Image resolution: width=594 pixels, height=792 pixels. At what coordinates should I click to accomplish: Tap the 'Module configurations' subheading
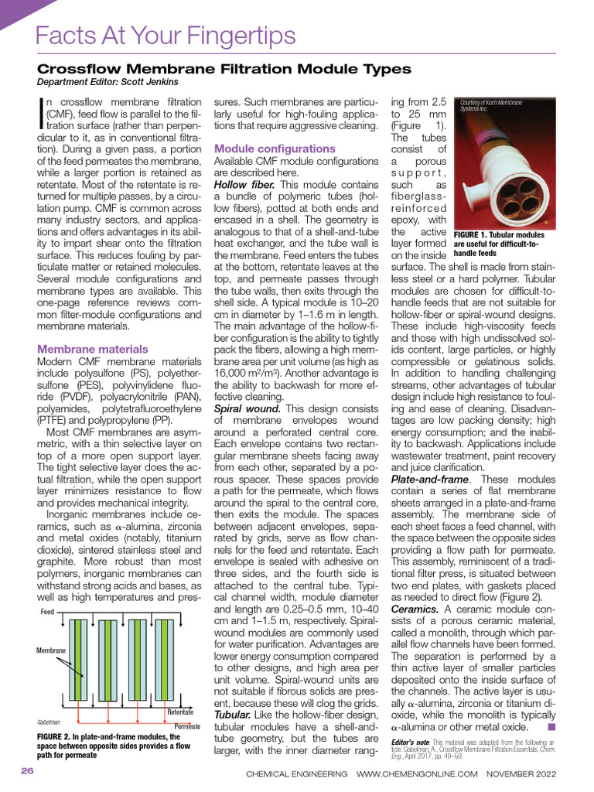275,148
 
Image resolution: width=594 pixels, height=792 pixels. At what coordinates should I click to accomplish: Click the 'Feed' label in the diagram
48,612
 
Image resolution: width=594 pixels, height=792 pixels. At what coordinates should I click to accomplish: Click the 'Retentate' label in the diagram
180,712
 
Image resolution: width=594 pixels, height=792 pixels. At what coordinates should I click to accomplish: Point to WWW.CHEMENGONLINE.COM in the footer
417,773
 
